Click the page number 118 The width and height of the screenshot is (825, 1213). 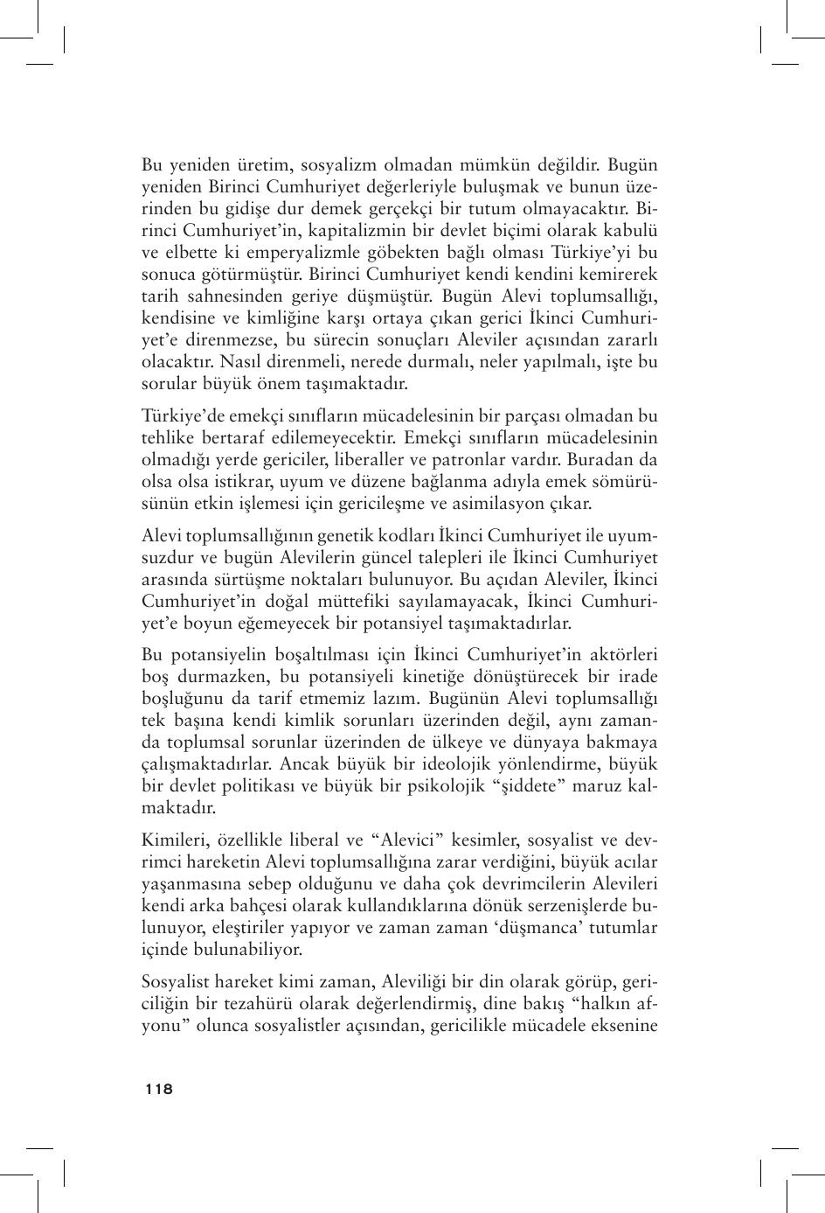[x=159, y=1089]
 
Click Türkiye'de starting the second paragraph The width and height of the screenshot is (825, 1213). [x=184, y=415]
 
